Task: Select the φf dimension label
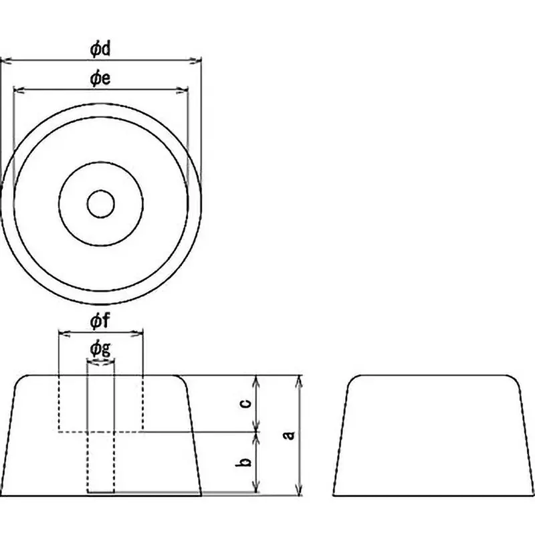100,322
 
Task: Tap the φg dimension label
100,348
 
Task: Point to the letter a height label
288,435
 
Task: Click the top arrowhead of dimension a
299,379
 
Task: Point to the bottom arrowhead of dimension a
299,492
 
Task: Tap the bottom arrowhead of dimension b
255,492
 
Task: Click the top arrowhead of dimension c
255,379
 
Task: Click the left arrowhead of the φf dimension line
62,332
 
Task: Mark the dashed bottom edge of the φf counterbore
100,431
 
